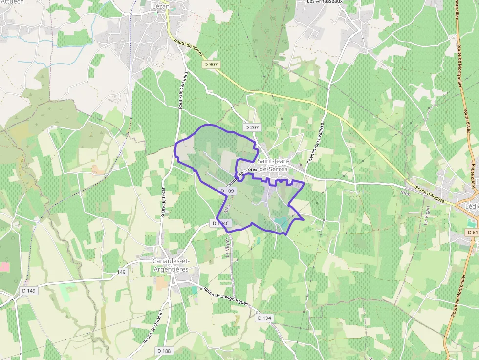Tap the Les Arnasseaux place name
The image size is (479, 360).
tap(325, 2)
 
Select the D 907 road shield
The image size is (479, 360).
tap(210, 64)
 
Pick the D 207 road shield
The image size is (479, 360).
tap(252, 127)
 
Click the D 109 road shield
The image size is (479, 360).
tap(228, 191)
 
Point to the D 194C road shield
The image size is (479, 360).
tap(221, 223)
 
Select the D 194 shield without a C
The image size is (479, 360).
tap(264, 318)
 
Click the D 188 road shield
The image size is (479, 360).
tap(164, 351)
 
